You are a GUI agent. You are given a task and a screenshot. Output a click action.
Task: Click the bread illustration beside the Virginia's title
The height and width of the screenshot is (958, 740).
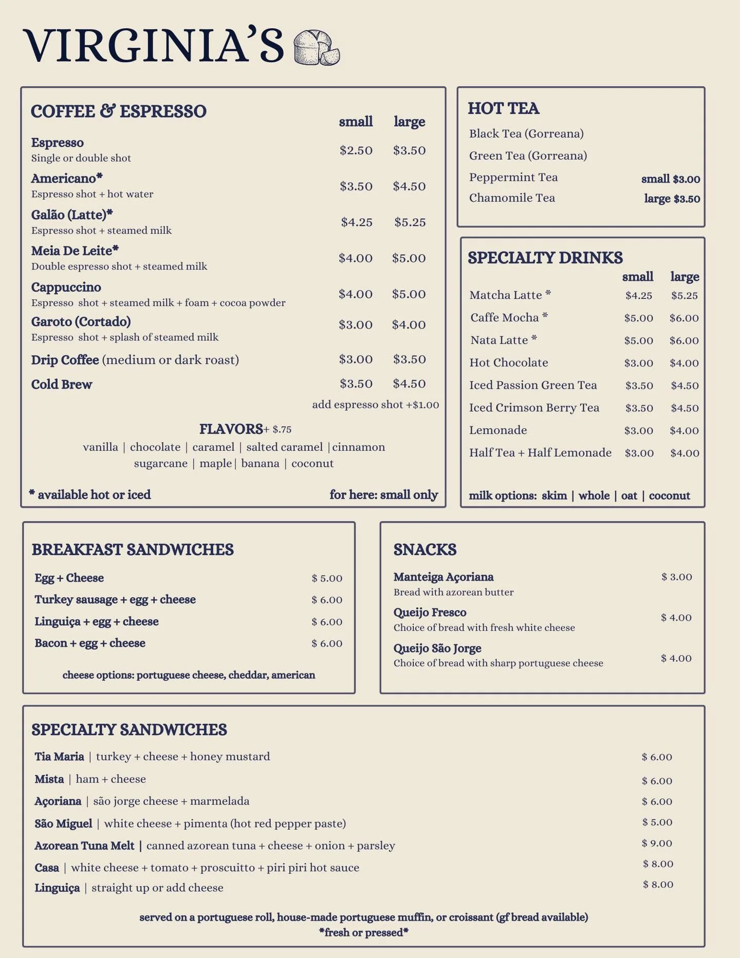click(x=317, y=48)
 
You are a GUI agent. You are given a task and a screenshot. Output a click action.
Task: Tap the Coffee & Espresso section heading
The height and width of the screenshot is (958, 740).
click(x=119, y=111)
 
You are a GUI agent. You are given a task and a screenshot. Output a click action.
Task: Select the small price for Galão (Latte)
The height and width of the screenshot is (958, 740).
click(x=357, y=222)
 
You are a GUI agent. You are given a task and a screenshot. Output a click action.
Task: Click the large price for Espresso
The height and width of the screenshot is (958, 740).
click(x=410, y=150)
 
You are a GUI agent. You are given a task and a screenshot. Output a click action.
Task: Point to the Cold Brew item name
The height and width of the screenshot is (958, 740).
click(x=62, y=385)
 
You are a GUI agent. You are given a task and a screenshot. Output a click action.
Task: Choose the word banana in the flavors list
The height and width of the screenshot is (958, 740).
click(x=260, y=464)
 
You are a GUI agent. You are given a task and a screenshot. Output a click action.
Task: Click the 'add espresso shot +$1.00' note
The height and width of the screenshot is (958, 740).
click(x=376, y=405)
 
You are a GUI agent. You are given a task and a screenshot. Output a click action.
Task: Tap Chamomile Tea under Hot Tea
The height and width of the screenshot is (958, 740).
click(x=512, y=198)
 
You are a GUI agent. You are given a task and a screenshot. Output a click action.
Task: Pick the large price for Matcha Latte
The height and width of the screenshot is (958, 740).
click(x=684, y=296)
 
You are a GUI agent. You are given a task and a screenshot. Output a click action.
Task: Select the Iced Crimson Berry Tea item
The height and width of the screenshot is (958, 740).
click(x=534, y=408)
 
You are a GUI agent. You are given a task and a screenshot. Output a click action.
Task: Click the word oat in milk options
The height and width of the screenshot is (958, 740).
click(x=629, y=495)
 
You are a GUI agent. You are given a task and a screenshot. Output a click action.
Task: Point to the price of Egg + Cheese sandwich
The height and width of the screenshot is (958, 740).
click(x=327, y=579)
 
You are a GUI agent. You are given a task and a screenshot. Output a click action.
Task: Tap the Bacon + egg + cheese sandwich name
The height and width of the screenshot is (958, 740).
click(x=90, y=643)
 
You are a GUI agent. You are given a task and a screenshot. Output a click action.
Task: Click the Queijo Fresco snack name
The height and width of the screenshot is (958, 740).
click(x=430, y=612)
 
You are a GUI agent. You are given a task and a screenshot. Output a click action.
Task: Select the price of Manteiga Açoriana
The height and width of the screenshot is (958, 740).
click(x=677, y=577)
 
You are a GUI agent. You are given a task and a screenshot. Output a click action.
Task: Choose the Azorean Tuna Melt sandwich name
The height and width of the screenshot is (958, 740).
click(x=84, y=846)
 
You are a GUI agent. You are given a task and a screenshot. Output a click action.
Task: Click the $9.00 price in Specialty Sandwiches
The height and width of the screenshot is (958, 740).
click(x=657, y=843)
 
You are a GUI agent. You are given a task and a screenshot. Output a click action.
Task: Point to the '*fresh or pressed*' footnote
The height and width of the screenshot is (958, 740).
click(x=364, y=932)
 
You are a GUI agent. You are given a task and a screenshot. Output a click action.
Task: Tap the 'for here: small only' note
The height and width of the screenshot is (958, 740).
click(x=384, y=495)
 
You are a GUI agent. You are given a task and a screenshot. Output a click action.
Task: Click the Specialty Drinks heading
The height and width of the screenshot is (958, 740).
click(x=545, y=258)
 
